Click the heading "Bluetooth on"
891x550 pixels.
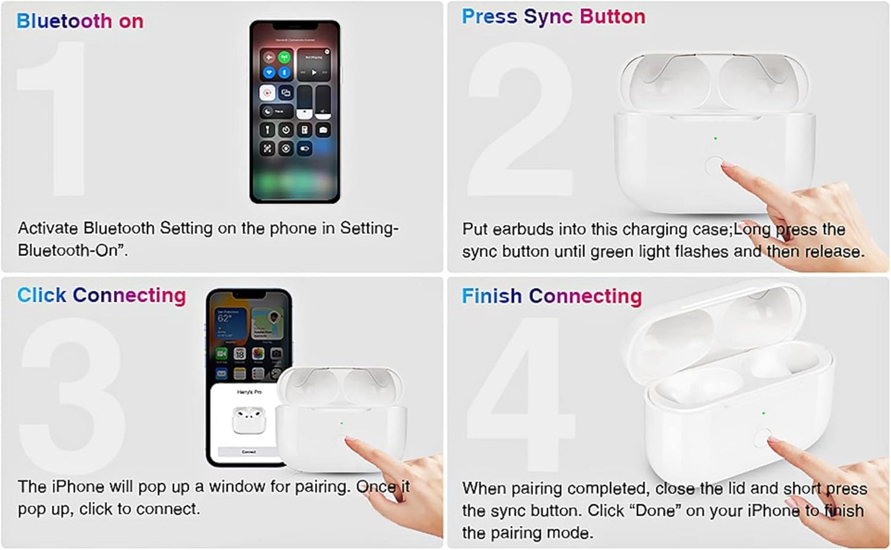(80, 21)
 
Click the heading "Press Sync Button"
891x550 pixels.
(553, 17)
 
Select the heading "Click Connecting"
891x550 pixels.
(101, 295)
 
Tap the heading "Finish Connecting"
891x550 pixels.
(551, 296)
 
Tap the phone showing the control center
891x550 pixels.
(294, 111)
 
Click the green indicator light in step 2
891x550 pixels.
(715, 138)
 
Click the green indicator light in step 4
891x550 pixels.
(763, 413)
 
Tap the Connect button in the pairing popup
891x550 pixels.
(248, 452)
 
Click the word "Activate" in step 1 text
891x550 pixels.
(48, 228)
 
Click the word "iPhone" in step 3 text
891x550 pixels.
(78, 486)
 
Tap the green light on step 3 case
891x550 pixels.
(341, 423)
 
